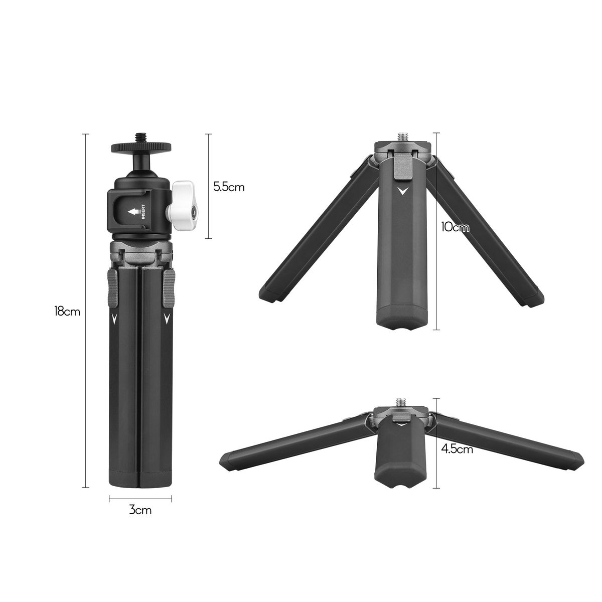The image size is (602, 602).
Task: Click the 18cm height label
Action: pyautogui.click(x=67, y=312)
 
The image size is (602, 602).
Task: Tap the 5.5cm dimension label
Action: pyautogui.click(x=229, y=187)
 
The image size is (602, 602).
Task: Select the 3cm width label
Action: pyautogui.click(x=140, y=511)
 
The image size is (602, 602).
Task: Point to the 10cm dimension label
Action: pyautogui.click(x=455, y=227)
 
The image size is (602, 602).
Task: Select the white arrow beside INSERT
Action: pyautogui.click(x=133, y=212)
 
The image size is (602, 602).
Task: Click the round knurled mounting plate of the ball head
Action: pyautogui.click(x=141, y=146)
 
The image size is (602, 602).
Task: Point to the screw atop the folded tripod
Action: pyautogui.click(x=140, y=137)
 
